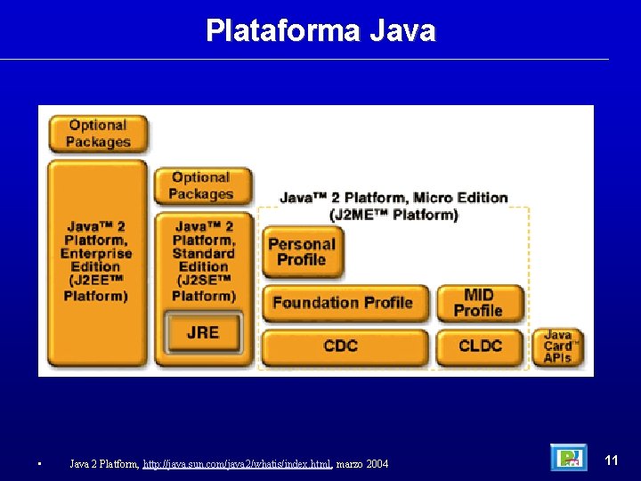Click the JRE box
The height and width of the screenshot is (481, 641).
[x=202, y=333]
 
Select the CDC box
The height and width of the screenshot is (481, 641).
[x=341, y=346]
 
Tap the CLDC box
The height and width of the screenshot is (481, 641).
[x=480, y=346]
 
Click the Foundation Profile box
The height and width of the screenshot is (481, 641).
[x=343, y=303]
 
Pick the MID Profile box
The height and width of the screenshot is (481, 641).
[x=479, y=303]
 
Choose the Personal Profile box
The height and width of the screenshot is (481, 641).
[x=302, y=251]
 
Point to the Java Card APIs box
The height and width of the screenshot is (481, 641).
[x=558, y=346]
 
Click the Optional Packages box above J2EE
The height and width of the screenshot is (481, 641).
[x=98, y=134]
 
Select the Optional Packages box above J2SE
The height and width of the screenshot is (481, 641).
[x=201, y=186]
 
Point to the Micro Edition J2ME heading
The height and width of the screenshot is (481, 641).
[x=394, y=206]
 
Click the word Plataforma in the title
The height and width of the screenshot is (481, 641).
[x=282, y=31]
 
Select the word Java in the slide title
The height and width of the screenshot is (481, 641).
[x=402, y=31]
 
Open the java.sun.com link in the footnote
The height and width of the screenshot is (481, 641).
[x=237, y=463]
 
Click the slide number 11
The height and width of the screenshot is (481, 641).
[x=612, y=461]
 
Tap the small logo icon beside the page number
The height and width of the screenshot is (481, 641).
[x=569, y=458]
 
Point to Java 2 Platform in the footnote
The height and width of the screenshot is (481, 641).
[x=102, y=463]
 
